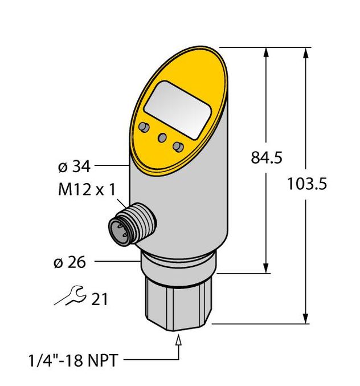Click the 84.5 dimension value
pyautogui.click(x=267, y=158)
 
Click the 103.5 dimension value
pyautogui.click(x=309, y=184)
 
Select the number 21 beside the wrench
pyautogui.click(x=99, y=298)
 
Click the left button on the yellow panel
pyautogui.click(x=143, y=127)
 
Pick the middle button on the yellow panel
pyautogui.click(x=162, y=137)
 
